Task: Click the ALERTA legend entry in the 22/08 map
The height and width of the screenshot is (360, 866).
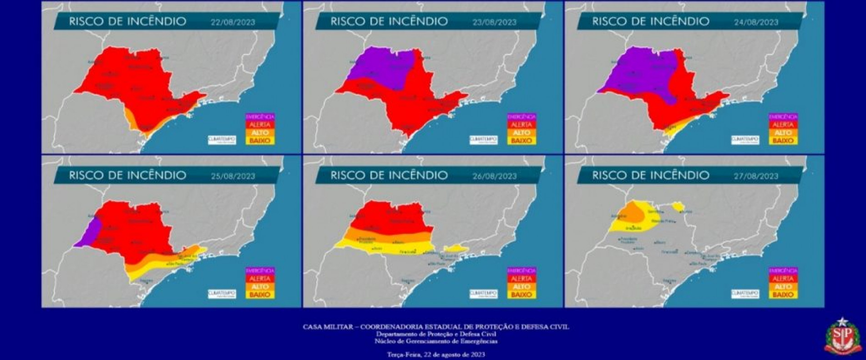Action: [x=260, y=124]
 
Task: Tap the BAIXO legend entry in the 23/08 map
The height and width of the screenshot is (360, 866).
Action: [x=522, y=141]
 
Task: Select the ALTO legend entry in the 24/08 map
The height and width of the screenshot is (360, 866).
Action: [x=783, y=132]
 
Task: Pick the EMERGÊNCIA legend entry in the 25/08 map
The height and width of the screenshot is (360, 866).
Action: [x=260, y=270]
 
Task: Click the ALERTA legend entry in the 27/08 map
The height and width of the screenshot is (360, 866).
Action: [x=783, y=279]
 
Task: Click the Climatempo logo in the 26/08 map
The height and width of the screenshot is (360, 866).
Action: [x=484, y=294]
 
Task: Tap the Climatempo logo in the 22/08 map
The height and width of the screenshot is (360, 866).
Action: [x=222, y=139]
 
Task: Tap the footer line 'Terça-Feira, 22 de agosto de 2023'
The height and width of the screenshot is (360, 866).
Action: [x=433, y=354]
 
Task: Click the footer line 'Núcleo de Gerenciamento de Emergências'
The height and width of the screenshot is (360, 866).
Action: [x=433, y=341]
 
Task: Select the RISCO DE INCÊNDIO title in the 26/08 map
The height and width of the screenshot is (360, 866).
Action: [x=389, y=175]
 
